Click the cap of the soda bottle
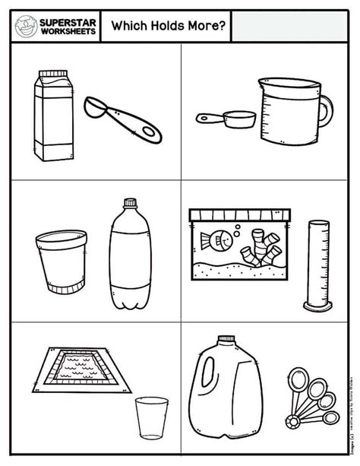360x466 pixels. click(x=131, y=204)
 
